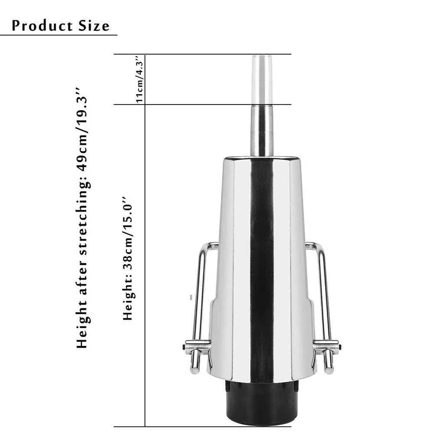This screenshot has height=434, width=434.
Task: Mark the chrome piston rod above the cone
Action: coord(262,130)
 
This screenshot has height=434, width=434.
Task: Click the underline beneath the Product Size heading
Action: coord(59,35)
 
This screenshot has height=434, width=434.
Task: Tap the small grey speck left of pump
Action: coord(191,297)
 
